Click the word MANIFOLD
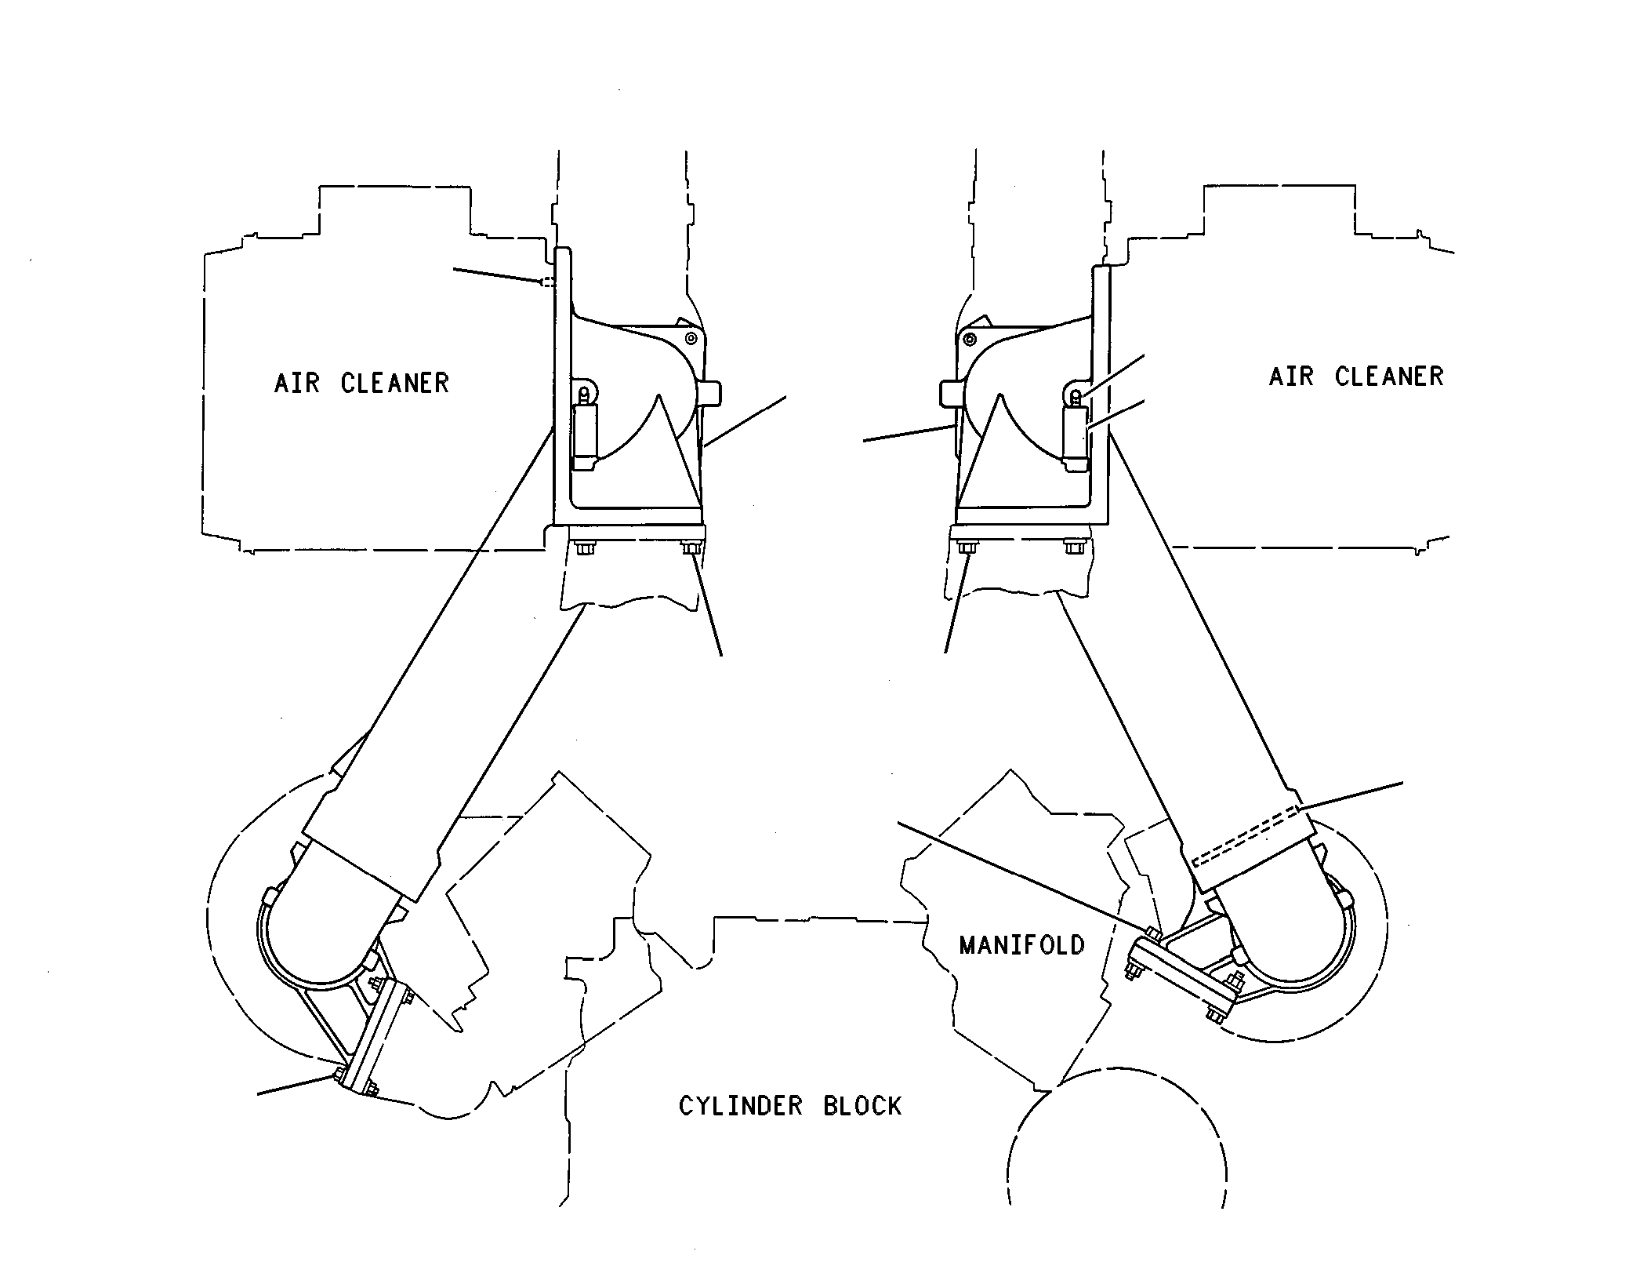point(1021,944)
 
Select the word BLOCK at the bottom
point(862,1106)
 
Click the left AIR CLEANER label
point(361,383)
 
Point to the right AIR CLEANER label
point(1356,376)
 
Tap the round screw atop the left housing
point(691,338)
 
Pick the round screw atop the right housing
point(970,340)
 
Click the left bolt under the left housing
point(583,547)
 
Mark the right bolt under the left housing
point(691,547)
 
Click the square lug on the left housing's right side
point(711,393)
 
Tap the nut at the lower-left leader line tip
point(338,1074)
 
